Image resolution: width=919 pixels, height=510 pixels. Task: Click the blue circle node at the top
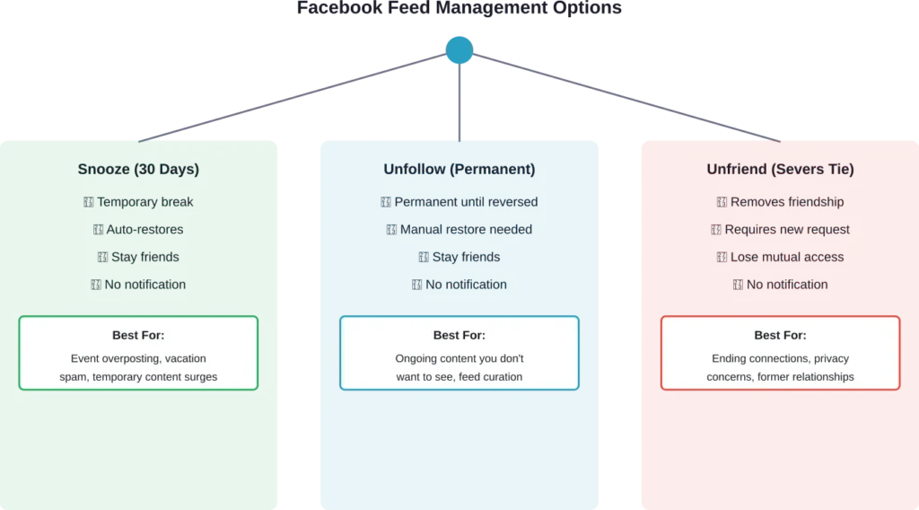pyautogui.click(x=459, y=48)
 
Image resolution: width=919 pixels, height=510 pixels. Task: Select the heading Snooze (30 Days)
pyautogui.click(x=138, y=169)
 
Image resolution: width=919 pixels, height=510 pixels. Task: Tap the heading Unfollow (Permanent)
pyautogui.click(x=459, y=169)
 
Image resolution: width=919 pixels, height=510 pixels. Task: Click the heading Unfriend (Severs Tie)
pyautogui.click(x=780, y=169)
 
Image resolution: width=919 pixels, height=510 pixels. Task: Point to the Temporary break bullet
pyautogui.click(x=144, y=202)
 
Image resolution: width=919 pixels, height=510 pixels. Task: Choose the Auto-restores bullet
pyautogui.click(x=144, y=229)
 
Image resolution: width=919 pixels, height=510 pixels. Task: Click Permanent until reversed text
pyautogui.click(x=466, y=202)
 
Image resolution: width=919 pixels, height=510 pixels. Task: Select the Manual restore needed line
pyautogui.click(x=466, y=229)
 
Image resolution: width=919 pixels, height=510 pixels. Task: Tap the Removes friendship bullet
pyautogui.click(x=786, y=202)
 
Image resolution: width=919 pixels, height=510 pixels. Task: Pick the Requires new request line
pyautogui.click(x=786, y=229)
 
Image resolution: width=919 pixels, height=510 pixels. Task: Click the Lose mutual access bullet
pyautogui.click(x=786, y=257)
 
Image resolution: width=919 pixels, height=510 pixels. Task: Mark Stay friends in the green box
pyautogui.click(x=144, y=257)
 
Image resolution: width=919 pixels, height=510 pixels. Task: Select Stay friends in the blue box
pyautogui.click(x=466, y=257)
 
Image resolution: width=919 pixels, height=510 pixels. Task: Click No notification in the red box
pyautogui.click(x=786, y=285)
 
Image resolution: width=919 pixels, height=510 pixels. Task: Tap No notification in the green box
pyautogui.click(x=144, y=285)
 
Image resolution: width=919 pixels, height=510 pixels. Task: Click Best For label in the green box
pyautogui.click(x=138, y=335)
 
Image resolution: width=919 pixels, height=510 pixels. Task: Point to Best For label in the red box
pyautogui.click(x=780, y=335)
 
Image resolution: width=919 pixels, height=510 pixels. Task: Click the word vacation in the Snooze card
pyautogui.click(x=186, y=358)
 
